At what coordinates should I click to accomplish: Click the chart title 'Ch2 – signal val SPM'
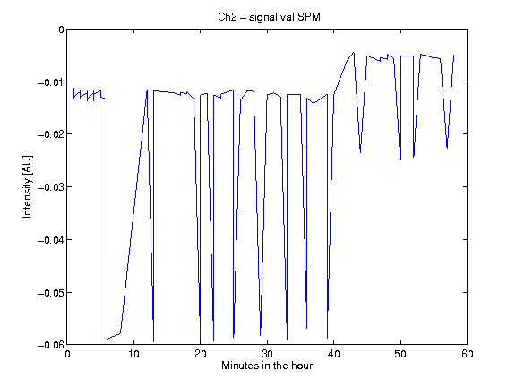(x=269, y=17)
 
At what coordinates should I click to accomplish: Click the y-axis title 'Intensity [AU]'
(x=27, y=187)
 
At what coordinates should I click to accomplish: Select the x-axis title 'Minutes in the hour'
(x=267, y=365)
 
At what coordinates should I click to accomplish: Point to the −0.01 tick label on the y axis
(x=51, y=82)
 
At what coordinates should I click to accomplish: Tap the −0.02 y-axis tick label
(x=51, y=134)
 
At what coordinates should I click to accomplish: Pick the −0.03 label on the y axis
(x=51, y=187)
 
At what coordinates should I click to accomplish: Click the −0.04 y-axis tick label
(x=51, y=240)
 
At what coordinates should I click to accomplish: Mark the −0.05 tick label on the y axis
(x=51, y=293)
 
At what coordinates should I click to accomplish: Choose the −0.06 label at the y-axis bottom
(x=51, y=345)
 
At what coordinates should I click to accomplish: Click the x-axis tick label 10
(x=133, y=354)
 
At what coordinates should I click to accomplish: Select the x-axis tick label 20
(x=200, y=354)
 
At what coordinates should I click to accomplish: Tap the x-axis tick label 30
(x=267, y=354)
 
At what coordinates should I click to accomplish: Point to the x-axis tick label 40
(x=333, y=354)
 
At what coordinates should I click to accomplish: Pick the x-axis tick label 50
(x=400, y=354)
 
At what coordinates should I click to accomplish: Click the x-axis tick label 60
(x=468, y=354)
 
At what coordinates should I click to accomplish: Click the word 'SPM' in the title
(x=309, y=17)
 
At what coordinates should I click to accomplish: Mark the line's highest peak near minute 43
(x=354, y=52)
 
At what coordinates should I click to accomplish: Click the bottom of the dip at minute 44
(x=361, y=152)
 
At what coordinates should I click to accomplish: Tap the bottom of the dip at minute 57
(x=447, y=148)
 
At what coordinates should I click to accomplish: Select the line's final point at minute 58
(x=454, y=55)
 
